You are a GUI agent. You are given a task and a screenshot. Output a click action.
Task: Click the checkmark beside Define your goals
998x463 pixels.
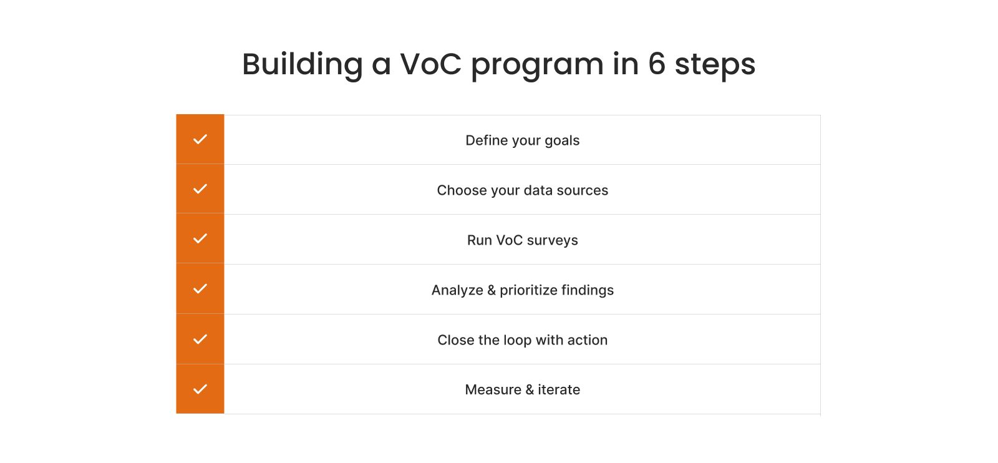(x=200, y=139)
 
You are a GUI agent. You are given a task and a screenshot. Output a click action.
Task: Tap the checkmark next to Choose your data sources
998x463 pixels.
(x=200, y=189)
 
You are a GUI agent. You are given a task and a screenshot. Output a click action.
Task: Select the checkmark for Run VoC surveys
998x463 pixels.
(x=200, y=239)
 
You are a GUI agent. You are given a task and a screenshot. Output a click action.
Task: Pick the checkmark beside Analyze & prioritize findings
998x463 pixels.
(x=200, y=289)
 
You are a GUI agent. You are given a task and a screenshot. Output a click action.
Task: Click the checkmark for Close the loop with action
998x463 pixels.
(x=200, y=339)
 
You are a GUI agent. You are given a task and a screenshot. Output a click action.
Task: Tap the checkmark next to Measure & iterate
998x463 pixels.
(x=200, y=389)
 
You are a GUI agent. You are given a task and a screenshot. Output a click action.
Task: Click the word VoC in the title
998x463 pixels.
(x=430, y=64)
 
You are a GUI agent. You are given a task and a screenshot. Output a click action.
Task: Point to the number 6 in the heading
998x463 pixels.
(x=657, y=64)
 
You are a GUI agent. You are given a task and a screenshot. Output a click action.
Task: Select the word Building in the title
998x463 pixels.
(x=302, y=64)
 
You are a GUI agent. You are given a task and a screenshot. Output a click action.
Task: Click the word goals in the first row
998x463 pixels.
(x=562, y=141)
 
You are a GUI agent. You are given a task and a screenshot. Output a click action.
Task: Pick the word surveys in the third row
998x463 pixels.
(x=552, y=241)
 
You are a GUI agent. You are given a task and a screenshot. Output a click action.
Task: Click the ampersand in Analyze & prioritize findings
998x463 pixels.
(x=492, y=290)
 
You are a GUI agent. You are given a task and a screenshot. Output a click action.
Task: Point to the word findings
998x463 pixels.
(x=587, y=291)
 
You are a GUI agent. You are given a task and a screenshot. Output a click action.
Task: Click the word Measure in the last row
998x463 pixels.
(x=493, y=390)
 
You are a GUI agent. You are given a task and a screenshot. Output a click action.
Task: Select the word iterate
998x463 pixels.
(x=559, y=390)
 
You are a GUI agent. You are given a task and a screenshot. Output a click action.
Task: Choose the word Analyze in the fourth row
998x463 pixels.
(x=457, y=291)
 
